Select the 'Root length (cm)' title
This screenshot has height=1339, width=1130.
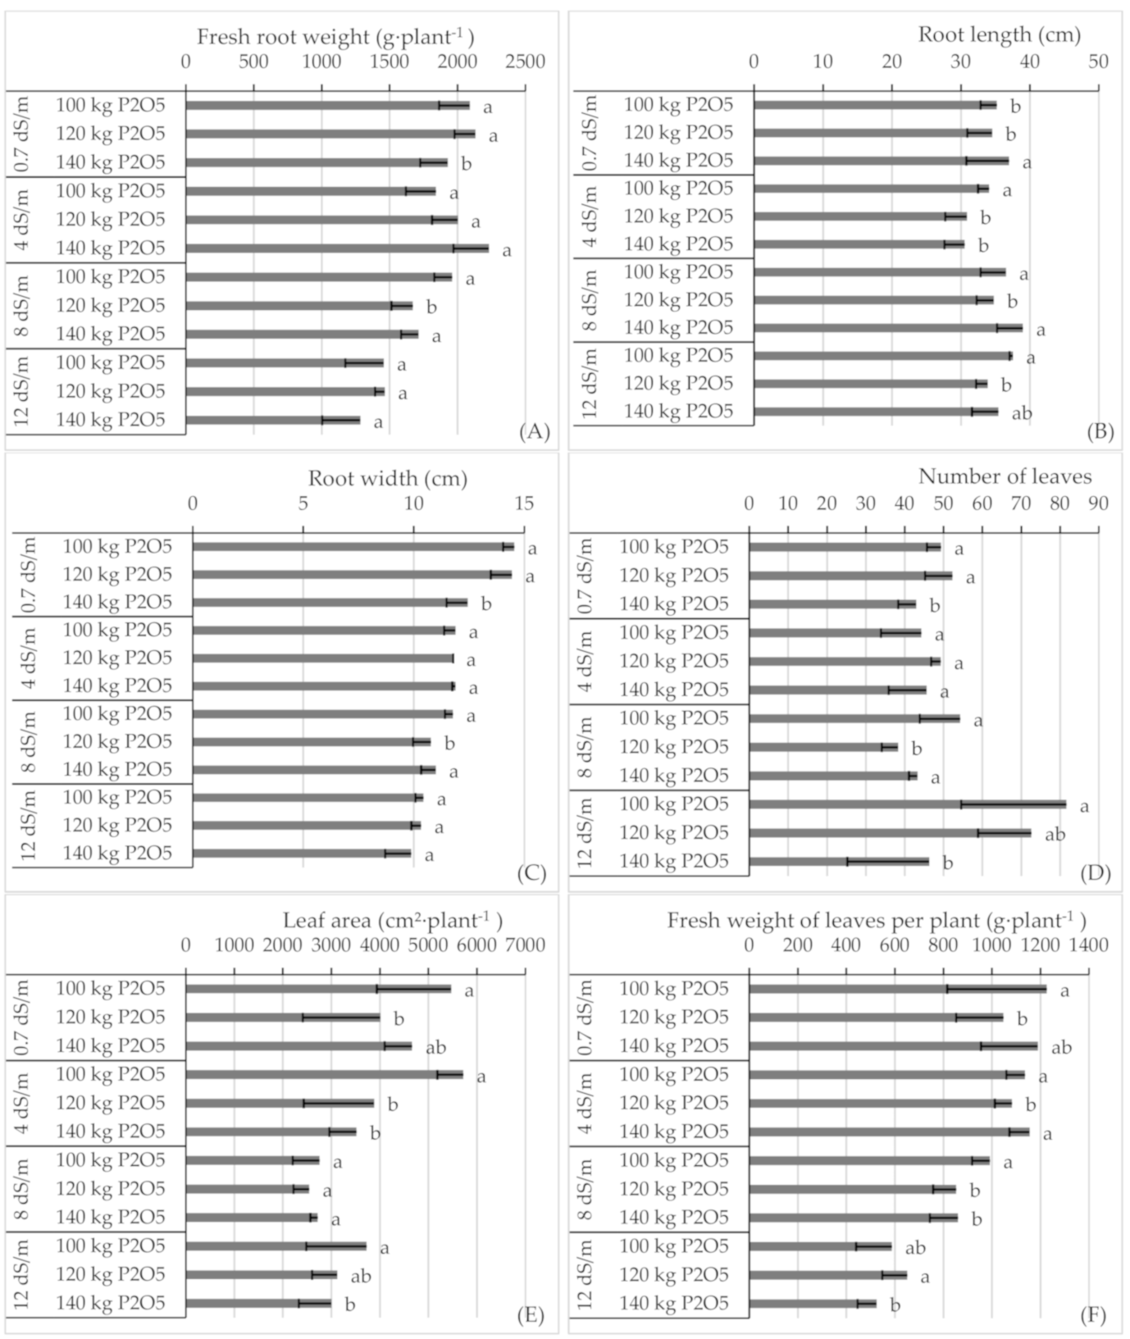click(x=999, y=34)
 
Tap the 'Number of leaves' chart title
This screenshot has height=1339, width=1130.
click(x=1005, y=476)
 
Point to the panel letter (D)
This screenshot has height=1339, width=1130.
click(x=1096, y=873)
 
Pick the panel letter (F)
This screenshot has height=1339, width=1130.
click(x=1093, y=1316)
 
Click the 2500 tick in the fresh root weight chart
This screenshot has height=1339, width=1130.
click(x=526, y=62)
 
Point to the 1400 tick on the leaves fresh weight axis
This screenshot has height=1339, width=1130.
click(x=1088, y=945)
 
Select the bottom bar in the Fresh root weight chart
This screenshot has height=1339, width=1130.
click(x=272, y=421)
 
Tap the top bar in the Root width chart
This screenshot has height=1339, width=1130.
click(x=353, y=547)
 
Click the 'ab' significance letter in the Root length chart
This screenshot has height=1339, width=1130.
click(x=1021, y=413)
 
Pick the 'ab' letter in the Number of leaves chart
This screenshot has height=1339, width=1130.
click(x=1055, y=835)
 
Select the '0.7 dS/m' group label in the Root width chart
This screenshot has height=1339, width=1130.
click(x=26, y=575)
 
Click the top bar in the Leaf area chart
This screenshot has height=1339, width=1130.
click(x=317, y=989)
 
